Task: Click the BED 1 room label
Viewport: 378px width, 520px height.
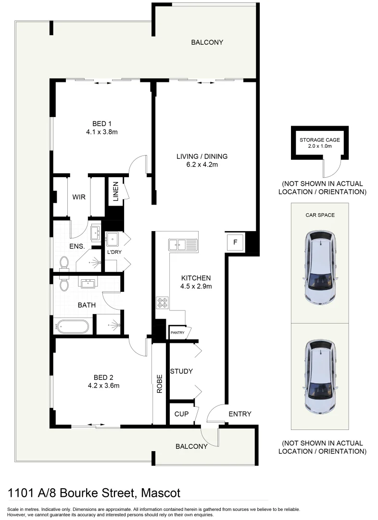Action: point(102,124)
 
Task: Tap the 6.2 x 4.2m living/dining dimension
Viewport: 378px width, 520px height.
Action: point(202,165)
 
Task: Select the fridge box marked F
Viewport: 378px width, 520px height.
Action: point(235,242)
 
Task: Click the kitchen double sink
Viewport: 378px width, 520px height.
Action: point(183,245)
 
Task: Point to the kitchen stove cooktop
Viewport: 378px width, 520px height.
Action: point(162,303)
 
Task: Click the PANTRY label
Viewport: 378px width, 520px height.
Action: point(176,333)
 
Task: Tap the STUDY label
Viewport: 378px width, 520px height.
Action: point(181,371)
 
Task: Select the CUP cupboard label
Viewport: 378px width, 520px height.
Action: point(181,414)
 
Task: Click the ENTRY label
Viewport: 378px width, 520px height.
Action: point(239,414)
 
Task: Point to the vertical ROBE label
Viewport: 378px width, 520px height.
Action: point(159,384)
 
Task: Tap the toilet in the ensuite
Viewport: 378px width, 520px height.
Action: point(63,262)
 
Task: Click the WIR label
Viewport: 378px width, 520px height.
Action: point(79,197)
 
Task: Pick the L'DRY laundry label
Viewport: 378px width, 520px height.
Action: point(114,252)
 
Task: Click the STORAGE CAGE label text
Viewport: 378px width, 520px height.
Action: point(320,140)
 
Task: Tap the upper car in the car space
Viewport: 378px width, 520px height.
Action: point(320,268)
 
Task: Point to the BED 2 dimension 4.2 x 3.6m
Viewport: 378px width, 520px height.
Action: point(103,385)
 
